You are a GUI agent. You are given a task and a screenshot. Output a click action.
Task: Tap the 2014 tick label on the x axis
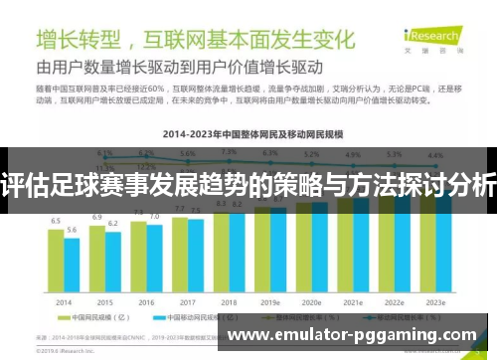tap(64, 300)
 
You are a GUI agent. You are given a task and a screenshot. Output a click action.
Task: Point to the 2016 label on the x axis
tap(146, 300)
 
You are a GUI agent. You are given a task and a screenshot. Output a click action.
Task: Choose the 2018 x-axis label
tap(229, 300)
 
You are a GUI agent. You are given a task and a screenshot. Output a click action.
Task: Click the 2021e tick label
tap(353, 300)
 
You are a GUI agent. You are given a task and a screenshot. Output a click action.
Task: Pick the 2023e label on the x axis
tap(435, 300)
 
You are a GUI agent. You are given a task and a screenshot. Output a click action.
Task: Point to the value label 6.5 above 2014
tap(56, 221)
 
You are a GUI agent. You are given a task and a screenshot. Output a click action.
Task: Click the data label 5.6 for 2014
tap(72, 230)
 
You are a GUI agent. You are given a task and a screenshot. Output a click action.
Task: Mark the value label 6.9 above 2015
tap(97, 216)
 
